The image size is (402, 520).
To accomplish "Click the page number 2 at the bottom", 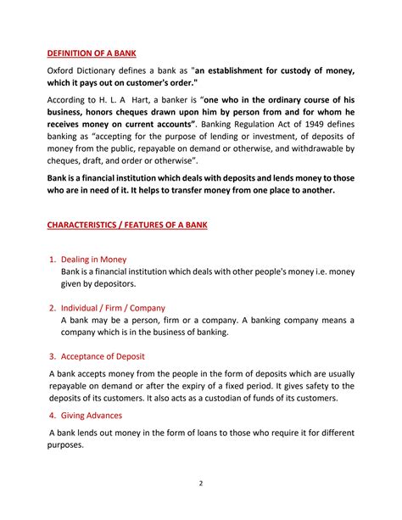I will click(200, 484).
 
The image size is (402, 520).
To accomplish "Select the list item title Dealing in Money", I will click(93, 259).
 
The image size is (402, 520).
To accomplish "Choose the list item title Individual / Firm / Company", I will click(113, 308).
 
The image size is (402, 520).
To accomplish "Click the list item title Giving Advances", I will click(92, 416).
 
